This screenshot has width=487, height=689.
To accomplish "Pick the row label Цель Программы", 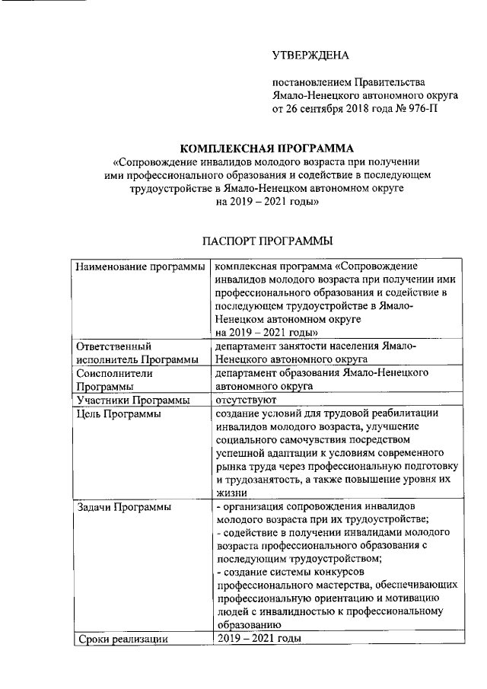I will [118, 414].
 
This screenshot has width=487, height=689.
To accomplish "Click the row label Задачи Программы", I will [123, 506].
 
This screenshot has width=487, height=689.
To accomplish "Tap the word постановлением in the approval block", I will [313, 81].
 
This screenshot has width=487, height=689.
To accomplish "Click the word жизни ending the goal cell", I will [230, 493].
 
